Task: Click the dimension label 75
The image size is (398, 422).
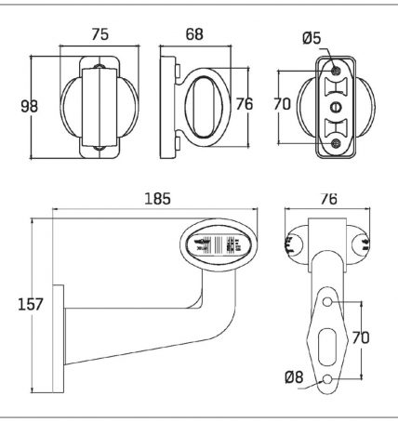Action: (100, 34)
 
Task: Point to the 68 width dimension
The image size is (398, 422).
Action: (194, 34)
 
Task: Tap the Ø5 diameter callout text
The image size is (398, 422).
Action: (312, 38)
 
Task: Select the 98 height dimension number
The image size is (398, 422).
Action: (30, 106)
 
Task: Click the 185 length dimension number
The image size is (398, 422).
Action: (158, 199)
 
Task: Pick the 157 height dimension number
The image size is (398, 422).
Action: (31, 304)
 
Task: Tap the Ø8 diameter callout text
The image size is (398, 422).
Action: (294, 377)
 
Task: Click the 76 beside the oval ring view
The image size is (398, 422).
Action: (245, 104)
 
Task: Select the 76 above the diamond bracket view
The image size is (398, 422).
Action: (328, 199)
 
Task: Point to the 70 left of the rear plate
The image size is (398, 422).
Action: (282, 104)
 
